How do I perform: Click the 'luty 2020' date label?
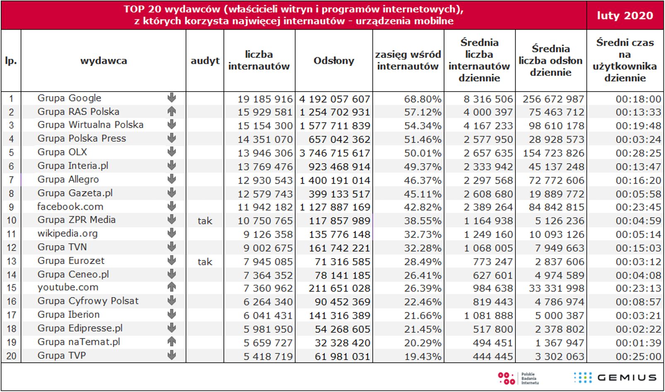[625, 16]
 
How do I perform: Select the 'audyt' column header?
[205, 60]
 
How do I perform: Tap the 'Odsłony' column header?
[334, 60]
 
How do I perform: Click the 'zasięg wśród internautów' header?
[408, 60]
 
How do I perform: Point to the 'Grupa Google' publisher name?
[69, 98]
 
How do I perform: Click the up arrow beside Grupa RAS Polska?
[171, 111]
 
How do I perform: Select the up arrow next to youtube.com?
[171, 287]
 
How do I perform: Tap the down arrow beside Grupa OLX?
[171, 152]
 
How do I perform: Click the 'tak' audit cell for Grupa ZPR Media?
[205, 221]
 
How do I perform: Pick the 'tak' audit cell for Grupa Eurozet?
[205, 262]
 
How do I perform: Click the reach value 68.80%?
[423, 99]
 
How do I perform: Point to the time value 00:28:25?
[638, 153]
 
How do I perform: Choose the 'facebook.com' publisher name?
[70, 206]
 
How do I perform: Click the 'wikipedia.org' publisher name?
[67, 233]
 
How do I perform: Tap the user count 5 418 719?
[268, 356]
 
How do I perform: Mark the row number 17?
[11, 315]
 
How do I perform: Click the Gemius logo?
[615, 377]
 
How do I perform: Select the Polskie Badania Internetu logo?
[517, 378]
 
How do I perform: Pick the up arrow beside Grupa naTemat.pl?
[171, 342]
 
